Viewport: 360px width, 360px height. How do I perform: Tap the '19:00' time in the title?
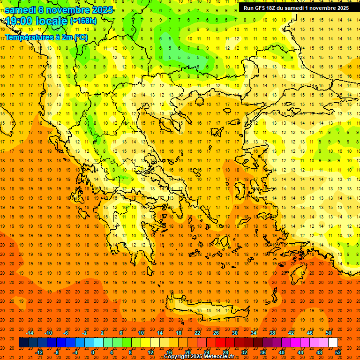tap(18, 21)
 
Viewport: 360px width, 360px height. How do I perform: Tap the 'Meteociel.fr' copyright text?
tap(218, 356)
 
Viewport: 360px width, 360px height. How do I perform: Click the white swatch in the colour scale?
tap(333, 343)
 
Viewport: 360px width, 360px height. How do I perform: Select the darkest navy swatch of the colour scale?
tap(23, 343)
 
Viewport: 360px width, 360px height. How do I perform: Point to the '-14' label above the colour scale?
tap(30, 333)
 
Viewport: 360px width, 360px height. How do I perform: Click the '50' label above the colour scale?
tap(328, 333)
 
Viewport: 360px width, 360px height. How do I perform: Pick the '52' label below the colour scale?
tap(337, 352)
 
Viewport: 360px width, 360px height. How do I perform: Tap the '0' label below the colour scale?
tap(93, 352)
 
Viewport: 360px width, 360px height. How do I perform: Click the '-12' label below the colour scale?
tap(39, 352)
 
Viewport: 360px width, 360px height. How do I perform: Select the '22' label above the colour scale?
tap(197, 333)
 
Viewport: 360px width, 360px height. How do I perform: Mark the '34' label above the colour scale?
tap(253, 333)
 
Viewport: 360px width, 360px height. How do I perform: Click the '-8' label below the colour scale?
tap(57, 352)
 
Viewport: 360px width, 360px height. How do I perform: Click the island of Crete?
tap(206, 309)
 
